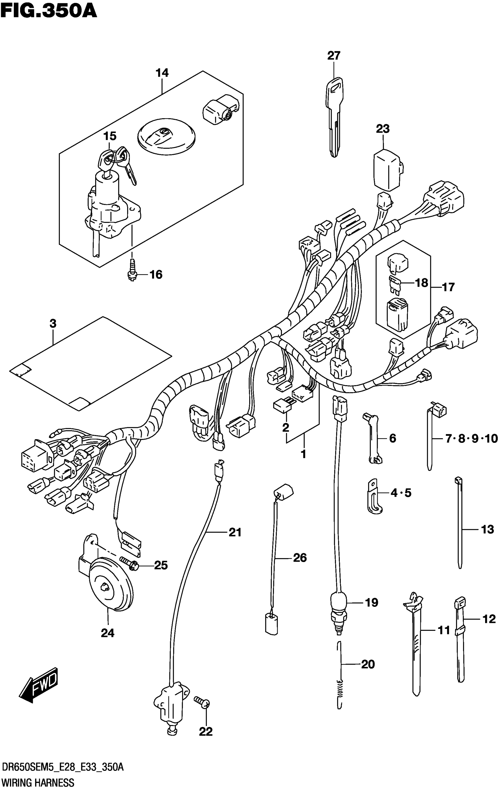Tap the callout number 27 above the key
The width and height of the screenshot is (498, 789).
[334, 56]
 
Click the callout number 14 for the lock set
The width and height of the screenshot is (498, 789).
[162, 73]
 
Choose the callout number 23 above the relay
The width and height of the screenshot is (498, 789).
[382, 129]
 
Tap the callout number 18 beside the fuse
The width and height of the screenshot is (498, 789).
[422, 282]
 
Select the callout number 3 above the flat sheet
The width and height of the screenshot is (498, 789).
[53, 324]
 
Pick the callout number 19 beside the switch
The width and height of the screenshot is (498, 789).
[371, 602]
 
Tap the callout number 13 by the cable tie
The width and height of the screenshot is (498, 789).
[487, 529]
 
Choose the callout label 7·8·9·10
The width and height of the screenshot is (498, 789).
[471, 438]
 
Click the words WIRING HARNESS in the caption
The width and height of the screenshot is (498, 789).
[38, 782]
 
